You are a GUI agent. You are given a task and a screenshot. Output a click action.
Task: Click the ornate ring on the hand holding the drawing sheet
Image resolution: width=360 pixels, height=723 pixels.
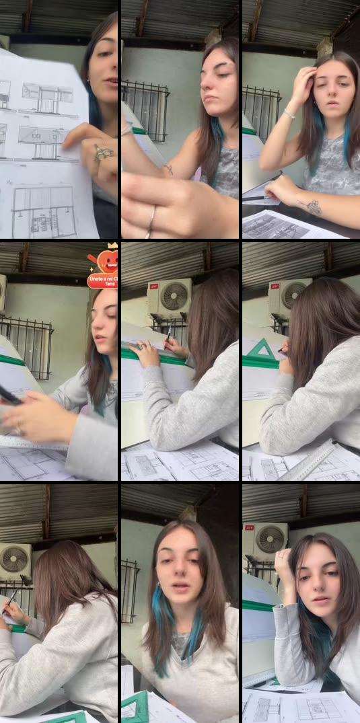pyautogui.click(x=103, y=154)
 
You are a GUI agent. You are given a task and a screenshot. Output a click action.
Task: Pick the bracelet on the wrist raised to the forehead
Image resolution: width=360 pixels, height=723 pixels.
pyautogui.click(x=289, y=114)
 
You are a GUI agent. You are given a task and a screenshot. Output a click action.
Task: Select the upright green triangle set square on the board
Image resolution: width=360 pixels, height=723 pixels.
pyautogui.click(x=262, y=351)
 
